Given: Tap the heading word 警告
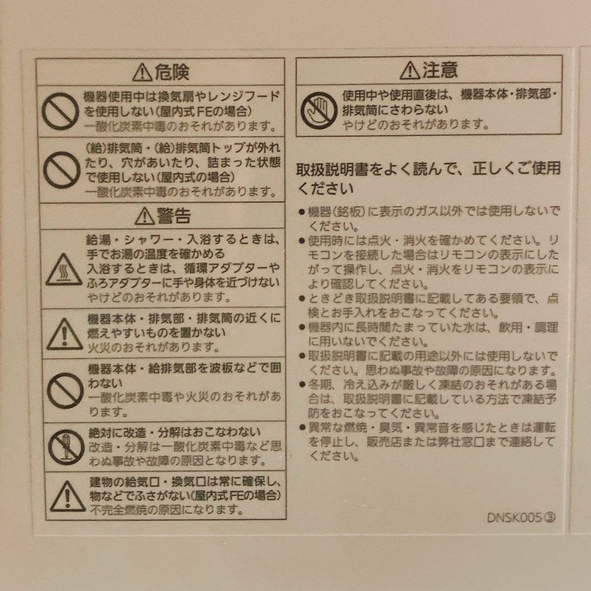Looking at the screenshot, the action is tap(174, 216).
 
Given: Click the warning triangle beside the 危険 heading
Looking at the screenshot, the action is tap(142, 73).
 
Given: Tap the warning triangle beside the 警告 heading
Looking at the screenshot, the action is tap(145, 216).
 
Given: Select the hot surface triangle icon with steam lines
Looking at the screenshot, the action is tap(64, 270).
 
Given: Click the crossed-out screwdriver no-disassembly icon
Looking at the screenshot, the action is tap(66, 447).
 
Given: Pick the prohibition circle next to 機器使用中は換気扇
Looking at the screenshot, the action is tap(60, 111).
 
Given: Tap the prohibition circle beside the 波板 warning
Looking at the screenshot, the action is tap(65, 391).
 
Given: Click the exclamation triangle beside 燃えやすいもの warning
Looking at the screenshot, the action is tap(65, 334).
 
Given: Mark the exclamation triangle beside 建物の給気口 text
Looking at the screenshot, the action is tap(68, 496).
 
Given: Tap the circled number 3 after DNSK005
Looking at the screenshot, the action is tap(549, 518).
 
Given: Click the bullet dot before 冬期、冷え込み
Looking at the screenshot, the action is tap(302, 384).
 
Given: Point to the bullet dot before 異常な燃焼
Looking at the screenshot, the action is tap(302, 427).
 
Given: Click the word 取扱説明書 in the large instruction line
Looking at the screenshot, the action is tap(332, 169).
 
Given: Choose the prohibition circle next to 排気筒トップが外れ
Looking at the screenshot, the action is tap(62, 170).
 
